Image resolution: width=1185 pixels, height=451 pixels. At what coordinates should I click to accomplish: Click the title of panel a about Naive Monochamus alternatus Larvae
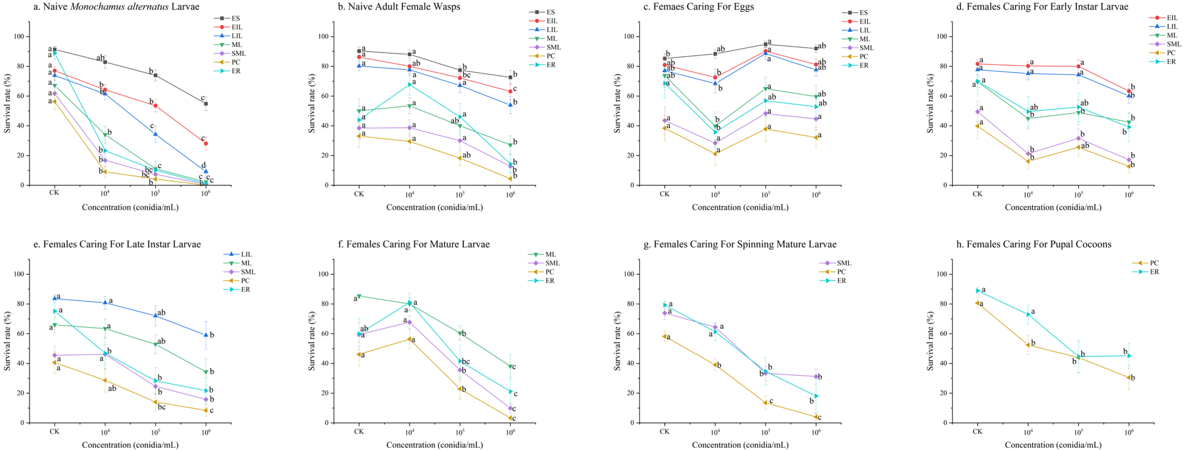coord(116,7)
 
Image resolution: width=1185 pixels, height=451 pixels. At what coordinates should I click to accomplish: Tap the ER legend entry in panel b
coord(542,65)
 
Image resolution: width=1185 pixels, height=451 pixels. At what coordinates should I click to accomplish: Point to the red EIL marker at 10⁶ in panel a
coord(206,143)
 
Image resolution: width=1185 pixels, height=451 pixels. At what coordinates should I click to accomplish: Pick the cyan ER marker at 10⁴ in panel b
coord(409,85)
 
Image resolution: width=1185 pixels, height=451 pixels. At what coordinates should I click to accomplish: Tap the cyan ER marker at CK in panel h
coord(978,291)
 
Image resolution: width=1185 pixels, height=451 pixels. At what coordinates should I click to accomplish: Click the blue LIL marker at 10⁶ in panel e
coord(206,335)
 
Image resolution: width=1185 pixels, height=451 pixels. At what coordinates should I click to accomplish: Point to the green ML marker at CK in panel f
coord(359,296)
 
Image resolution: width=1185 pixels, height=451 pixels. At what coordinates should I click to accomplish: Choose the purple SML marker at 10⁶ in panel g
coord(816,376)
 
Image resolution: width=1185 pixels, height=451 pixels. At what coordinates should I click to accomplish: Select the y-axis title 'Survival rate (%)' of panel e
coord(7,341)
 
